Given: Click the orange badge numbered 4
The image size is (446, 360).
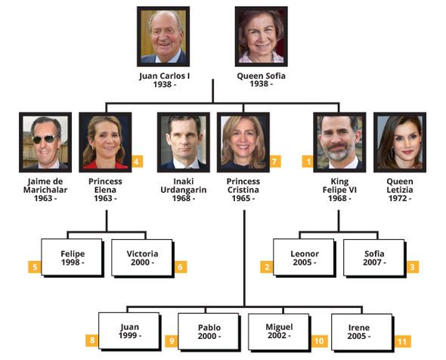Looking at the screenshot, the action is point(137,162).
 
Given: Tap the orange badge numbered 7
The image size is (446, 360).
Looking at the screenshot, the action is point(274,162).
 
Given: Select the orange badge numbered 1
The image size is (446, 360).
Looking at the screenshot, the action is point(308,162).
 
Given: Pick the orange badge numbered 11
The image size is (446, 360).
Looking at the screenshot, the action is point(402,341).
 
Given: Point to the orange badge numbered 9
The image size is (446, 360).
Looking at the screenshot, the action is point(172,341).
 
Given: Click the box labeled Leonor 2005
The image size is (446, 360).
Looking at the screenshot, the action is point(305,258).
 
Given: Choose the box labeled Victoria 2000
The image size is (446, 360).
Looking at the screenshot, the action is point(143,258).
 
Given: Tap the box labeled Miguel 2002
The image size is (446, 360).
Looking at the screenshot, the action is point(280,333).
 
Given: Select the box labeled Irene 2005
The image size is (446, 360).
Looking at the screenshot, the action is point(363,333).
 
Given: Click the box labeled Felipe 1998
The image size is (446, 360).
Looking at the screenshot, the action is point(73,258).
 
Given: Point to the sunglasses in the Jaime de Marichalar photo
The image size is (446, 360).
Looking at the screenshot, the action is point(45,139).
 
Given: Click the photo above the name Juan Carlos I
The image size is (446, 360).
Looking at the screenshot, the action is point(163,36).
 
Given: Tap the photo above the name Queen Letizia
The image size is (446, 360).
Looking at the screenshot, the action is point(400,142).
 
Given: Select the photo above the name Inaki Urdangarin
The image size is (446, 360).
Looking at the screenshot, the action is point(184,142).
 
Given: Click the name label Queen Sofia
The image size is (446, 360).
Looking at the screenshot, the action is point(261,76).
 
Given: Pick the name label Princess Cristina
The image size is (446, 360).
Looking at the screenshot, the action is point(243,185).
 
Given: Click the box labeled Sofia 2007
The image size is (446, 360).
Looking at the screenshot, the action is point(375,258).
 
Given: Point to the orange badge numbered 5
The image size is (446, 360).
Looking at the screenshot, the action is point(35,267).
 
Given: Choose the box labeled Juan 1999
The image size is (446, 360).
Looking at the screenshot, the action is point(130,331).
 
